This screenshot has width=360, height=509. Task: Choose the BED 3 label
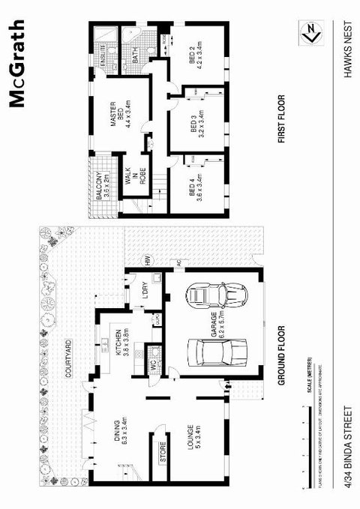click(196, 122)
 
